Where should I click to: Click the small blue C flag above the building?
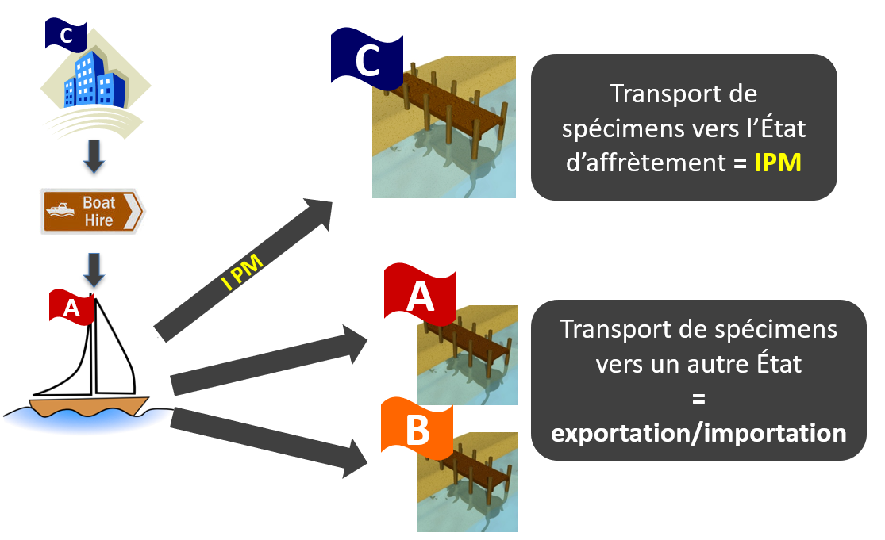(x=65, y=35)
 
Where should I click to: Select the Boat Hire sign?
(x=93, y=212)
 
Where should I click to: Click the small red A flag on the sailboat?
(x=71, y=307)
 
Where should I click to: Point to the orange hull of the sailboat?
(x=89, y=406)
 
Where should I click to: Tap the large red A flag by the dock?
(x=420, y=295)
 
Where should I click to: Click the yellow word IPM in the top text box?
(x=778, y=163)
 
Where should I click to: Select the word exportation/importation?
(x=698, y=433)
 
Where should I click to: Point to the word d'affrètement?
(x=645, y=163)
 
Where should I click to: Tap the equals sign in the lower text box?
(x=698, y=399)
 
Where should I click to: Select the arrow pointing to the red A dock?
(x=269, y=360)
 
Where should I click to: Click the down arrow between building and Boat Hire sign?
(x=94, y=157)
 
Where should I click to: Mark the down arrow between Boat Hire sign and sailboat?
(x=94, y=270)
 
